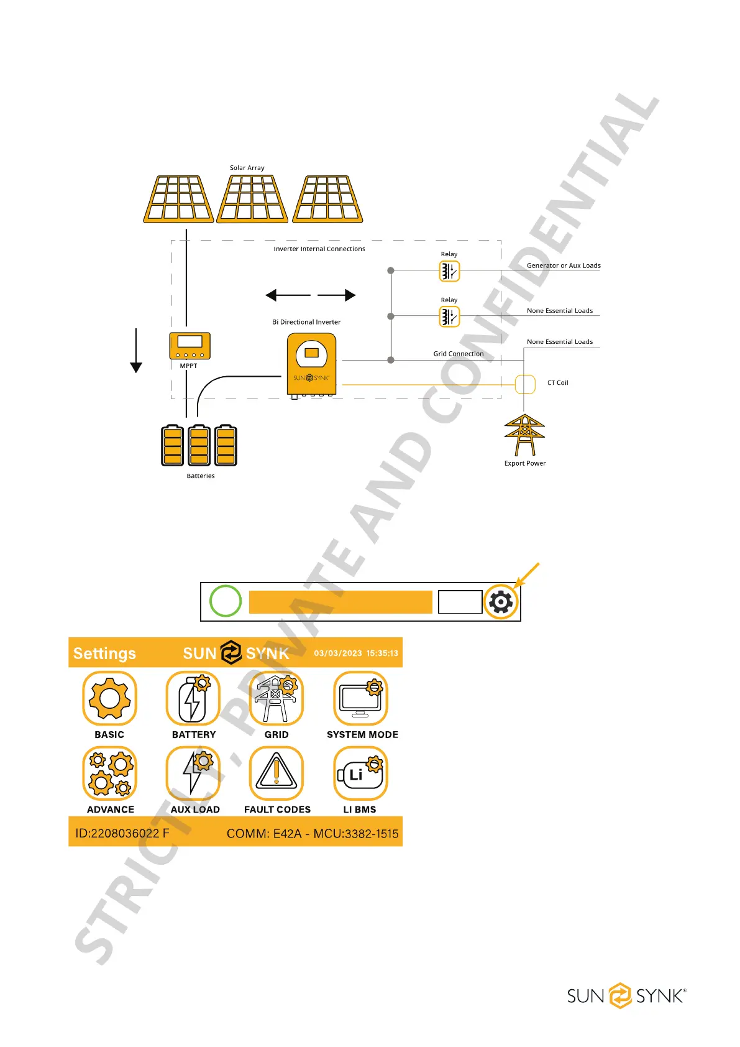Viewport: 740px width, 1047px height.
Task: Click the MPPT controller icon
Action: (190, 345)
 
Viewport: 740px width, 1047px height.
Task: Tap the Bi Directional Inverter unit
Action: (311, 364)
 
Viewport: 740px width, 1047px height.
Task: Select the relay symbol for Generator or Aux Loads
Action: (449, 271)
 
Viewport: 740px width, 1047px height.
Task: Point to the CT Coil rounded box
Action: (525, 384)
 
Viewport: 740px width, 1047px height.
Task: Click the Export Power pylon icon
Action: (524, 435)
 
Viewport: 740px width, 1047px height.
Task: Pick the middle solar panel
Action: (252, 198)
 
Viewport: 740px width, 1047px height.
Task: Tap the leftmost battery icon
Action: (172, 445)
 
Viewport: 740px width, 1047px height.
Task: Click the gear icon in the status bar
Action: (501, 602)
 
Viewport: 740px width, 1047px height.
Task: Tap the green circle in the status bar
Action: (226, 601)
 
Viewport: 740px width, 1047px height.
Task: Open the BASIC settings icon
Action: (109, 698)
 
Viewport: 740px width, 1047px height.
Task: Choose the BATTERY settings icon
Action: (193, 698)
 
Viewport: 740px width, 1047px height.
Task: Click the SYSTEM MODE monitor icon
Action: (361, 698)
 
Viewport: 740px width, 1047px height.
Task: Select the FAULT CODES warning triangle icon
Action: (276, 773)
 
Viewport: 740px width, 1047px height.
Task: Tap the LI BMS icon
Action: (360, 773)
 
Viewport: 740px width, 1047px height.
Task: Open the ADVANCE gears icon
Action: (109, 773)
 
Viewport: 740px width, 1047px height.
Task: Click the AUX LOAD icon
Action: (193, 773)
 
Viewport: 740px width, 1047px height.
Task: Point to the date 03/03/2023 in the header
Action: (338, 653)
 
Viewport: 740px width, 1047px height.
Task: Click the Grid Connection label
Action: (458, 354)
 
